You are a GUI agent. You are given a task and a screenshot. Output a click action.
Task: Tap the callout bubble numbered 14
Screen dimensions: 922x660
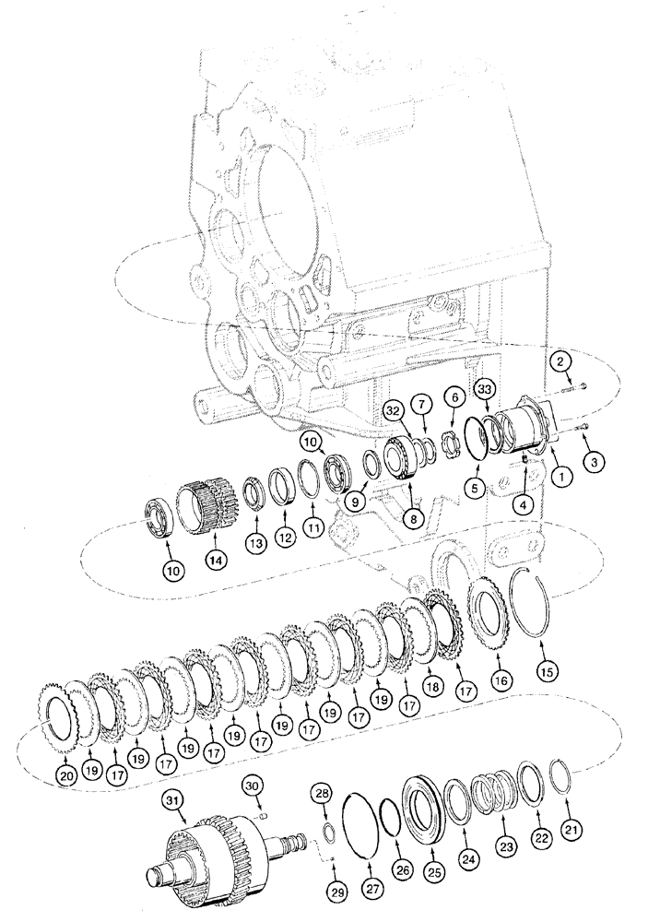[216, 559]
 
